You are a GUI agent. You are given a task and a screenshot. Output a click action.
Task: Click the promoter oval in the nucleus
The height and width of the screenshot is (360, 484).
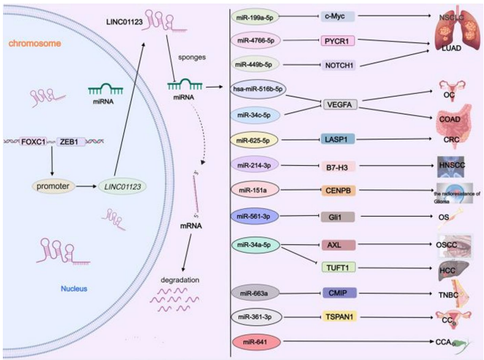tap(53, 186)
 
